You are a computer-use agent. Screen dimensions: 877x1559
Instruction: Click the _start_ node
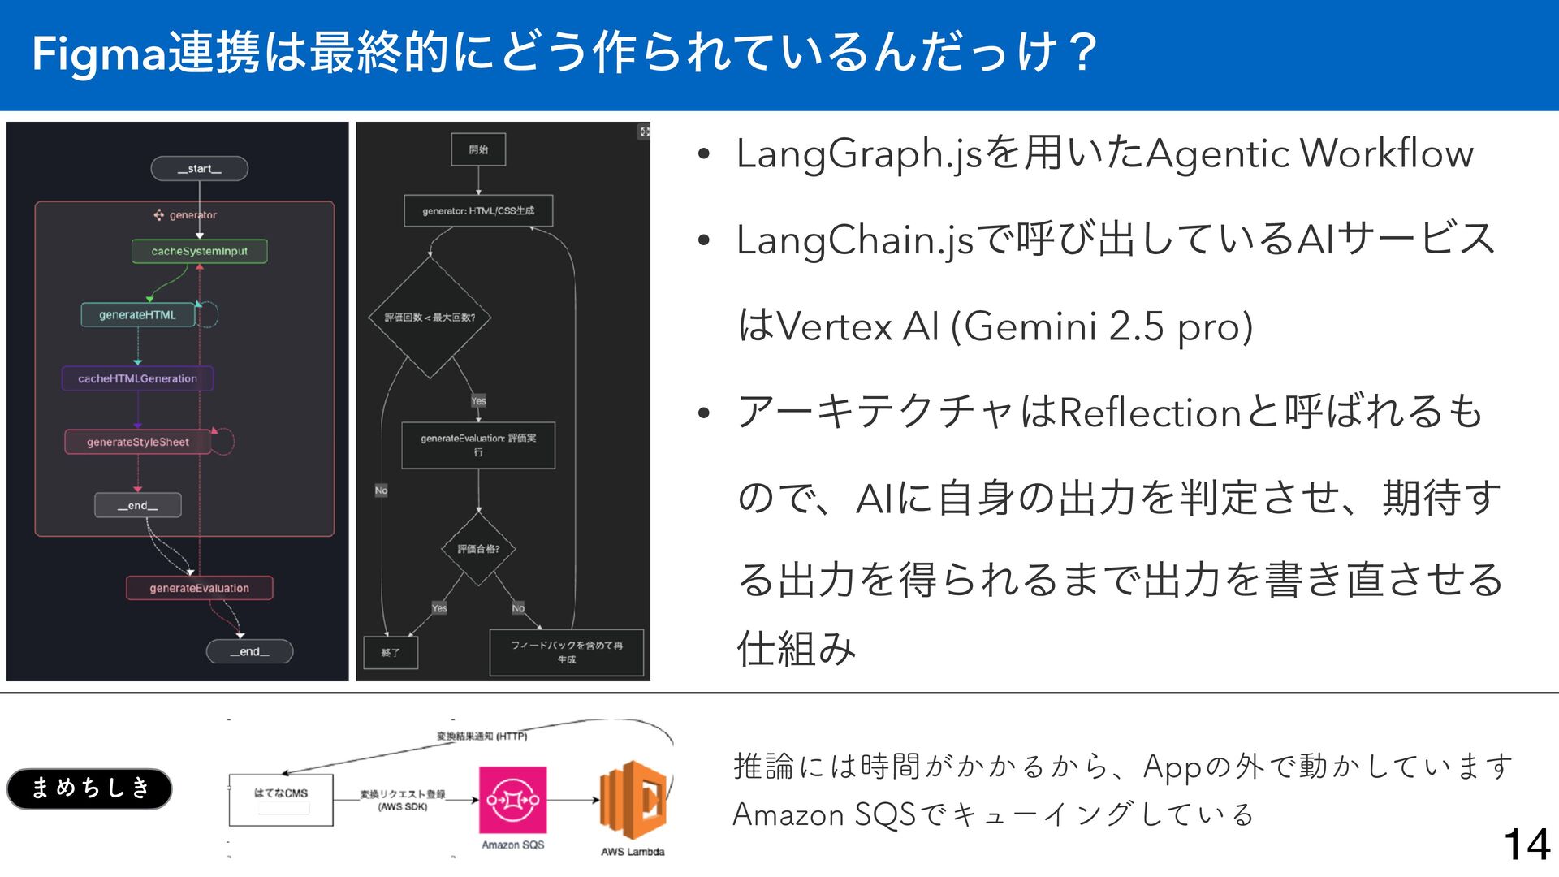pos(199,169)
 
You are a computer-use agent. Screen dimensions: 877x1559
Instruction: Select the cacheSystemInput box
pos(199,251)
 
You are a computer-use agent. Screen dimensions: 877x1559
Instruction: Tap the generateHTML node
pos(138,315)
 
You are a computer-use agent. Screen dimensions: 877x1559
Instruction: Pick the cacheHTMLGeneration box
pos(137,378)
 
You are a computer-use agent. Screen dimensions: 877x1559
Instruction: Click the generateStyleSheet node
pos(138,442)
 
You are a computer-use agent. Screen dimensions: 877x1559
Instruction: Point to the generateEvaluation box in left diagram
pos(199,588)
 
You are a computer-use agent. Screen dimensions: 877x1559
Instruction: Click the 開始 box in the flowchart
pos(478,149)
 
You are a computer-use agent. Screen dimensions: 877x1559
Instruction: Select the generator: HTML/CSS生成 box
pos(478,211)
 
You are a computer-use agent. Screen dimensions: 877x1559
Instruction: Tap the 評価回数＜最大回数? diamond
pos(430,318)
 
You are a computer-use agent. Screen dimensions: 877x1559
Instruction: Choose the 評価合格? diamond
pos(478,549)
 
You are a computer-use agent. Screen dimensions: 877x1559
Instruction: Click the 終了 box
pos(391,652)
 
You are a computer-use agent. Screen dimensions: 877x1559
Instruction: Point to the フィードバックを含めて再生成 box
pos(566,652)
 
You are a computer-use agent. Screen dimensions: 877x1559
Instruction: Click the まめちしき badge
pos(89,788)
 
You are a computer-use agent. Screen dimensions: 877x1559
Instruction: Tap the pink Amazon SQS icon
pos(512,800)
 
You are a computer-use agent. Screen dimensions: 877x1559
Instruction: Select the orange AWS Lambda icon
pos(633,801)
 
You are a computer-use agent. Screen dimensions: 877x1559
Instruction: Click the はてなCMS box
pos(281,800)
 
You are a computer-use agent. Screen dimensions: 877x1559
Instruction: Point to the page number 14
pos(1527,845)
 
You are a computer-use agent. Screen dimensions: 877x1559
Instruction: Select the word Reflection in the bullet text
pos(1150,413)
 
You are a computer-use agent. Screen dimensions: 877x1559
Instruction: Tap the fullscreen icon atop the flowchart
pos(644,132)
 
